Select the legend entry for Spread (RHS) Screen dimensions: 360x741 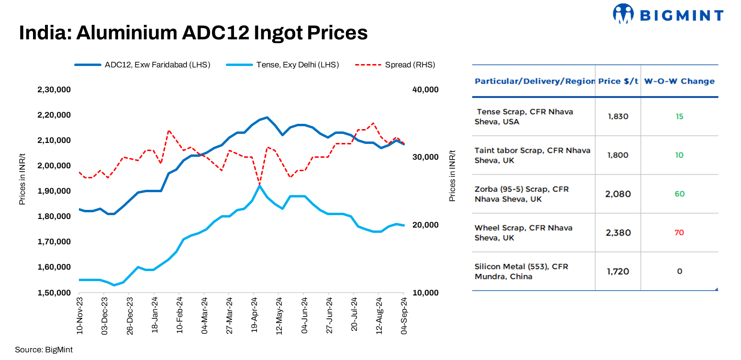pyautogui.click(x=410, y=65)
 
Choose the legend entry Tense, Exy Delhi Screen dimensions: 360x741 pyautogui.click(x=297, y=65)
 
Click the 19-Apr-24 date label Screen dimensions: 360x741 pyautogui.click(x=254, y=315)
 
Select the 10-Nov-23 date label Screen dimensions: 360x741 pyautogui.click(x=79, y=315)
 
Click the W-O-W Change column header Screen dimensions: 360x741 pyautogui.click(x=679, y=81)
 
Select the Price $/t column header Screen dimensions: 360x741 pyautogui.click(x=618, y=81)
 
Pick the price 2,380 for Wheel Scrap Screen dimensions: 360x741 pyautogui.click(x=618, y=233)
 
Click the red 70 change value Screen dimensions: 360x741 pyautogui.click(x=679, y=233)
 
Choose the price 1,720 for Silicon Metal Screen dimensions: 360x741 pyautogui.click(x=618, y=272)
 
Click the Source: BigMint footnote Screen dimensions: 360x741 pyautogui.click(x=44, y=349)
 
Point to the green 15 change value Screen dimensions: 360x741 pyautogui.click(x=679, y=117)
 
